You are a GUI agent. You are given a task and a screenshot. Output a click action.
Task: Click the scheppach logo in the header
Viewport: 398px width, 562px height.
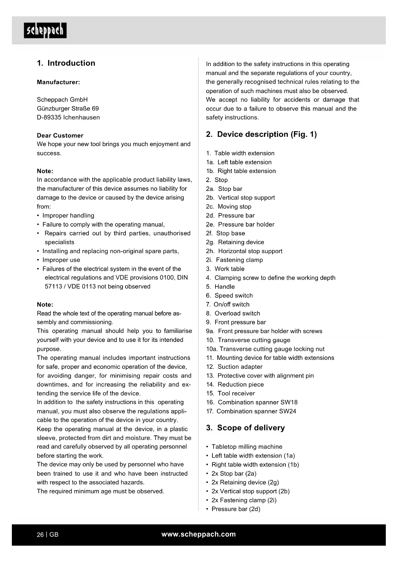pyautogui.click(x=45, y=30)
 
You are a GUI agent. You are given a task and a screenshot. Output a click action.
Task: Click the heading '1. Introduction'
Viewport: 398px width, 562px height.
pyautogui.click(x=66, y=63)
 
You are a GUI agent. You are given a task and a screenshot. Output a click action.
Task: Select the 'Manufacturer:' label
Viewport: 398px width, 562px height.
pyautogui.click(x=58, y=82)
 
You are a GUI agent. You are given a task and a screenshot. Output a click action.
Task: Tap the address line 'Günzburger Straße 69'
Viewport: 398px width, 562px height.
pyautogui.click(x=68, y=109)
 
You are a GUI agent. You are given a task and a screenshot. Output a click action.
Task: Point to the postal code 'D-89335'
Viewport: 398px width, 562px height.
pyautogui.click(x=49, y=118)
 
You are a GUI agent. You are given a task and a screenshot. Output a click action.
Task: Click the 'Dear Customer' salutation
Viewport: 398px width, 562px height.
pyautogui.click(x=60, y=136)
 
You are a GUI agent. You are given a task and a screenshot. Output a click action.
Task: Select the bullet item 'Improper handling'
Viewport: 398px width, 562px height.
pyautogui.click(x=68, y=216)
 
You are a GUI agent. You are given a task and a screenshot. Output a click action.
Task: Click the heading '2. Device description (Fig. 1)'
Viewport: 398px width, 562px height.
pyautogui.click(x=261, y=134)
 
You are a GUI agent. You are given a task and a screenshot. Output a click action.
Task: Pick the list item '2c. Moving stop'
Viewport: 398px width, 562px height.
pyautogui.click(x=229, y=207)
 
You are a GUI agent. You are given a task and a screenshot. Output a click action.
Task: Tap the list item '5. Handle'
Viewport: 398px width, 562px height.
pyautogui.click(x=220, y=287)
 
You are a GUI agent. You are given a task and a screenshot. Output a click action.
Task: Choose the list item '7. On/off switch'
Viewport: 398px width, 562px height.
pyautogui.click(x=228, y=304)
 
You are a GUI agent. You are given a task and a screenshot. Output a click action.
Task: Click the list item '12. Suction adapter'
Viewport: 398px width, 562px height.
pyautogui.click(x=234, y=367)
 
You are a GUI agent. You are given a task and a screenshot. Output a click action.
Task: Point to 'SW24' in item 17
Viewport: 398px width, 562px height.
pyautogui.click(x=287, y=411)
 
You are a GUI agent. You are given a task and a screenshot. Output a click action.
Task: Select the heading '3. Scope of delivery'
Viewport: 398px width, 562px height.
pyautogui.click(x=245, y=428)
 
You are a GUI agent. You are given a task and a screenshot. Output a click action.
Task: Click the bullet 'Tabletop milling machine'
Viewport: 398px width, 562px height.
pyautogui.click(x=247, y=447)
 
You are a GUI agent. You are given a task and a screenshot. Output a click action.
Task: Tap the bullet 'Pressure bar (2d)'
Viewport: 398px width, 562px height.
pyautogui.click(x=235, y=509)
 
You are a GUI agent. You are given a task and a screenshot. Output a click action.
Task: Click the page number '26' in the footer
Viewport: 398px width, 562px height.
pyautogui.click(x=40, y=535)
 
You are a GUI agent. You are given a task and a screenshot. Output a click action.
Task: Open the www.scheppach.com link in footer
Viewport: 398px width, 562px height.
pyautogui.click(x=199, y=534)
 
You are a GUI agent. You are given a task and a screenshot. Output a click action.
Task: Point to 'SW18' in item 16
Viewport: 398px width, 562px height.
pyautogui.click(x=289, y=402)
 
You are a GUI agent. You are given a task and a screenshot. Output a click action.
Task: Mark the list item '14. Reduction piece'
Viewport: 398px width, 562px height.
pyautogui.click(x=235, y=384)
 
